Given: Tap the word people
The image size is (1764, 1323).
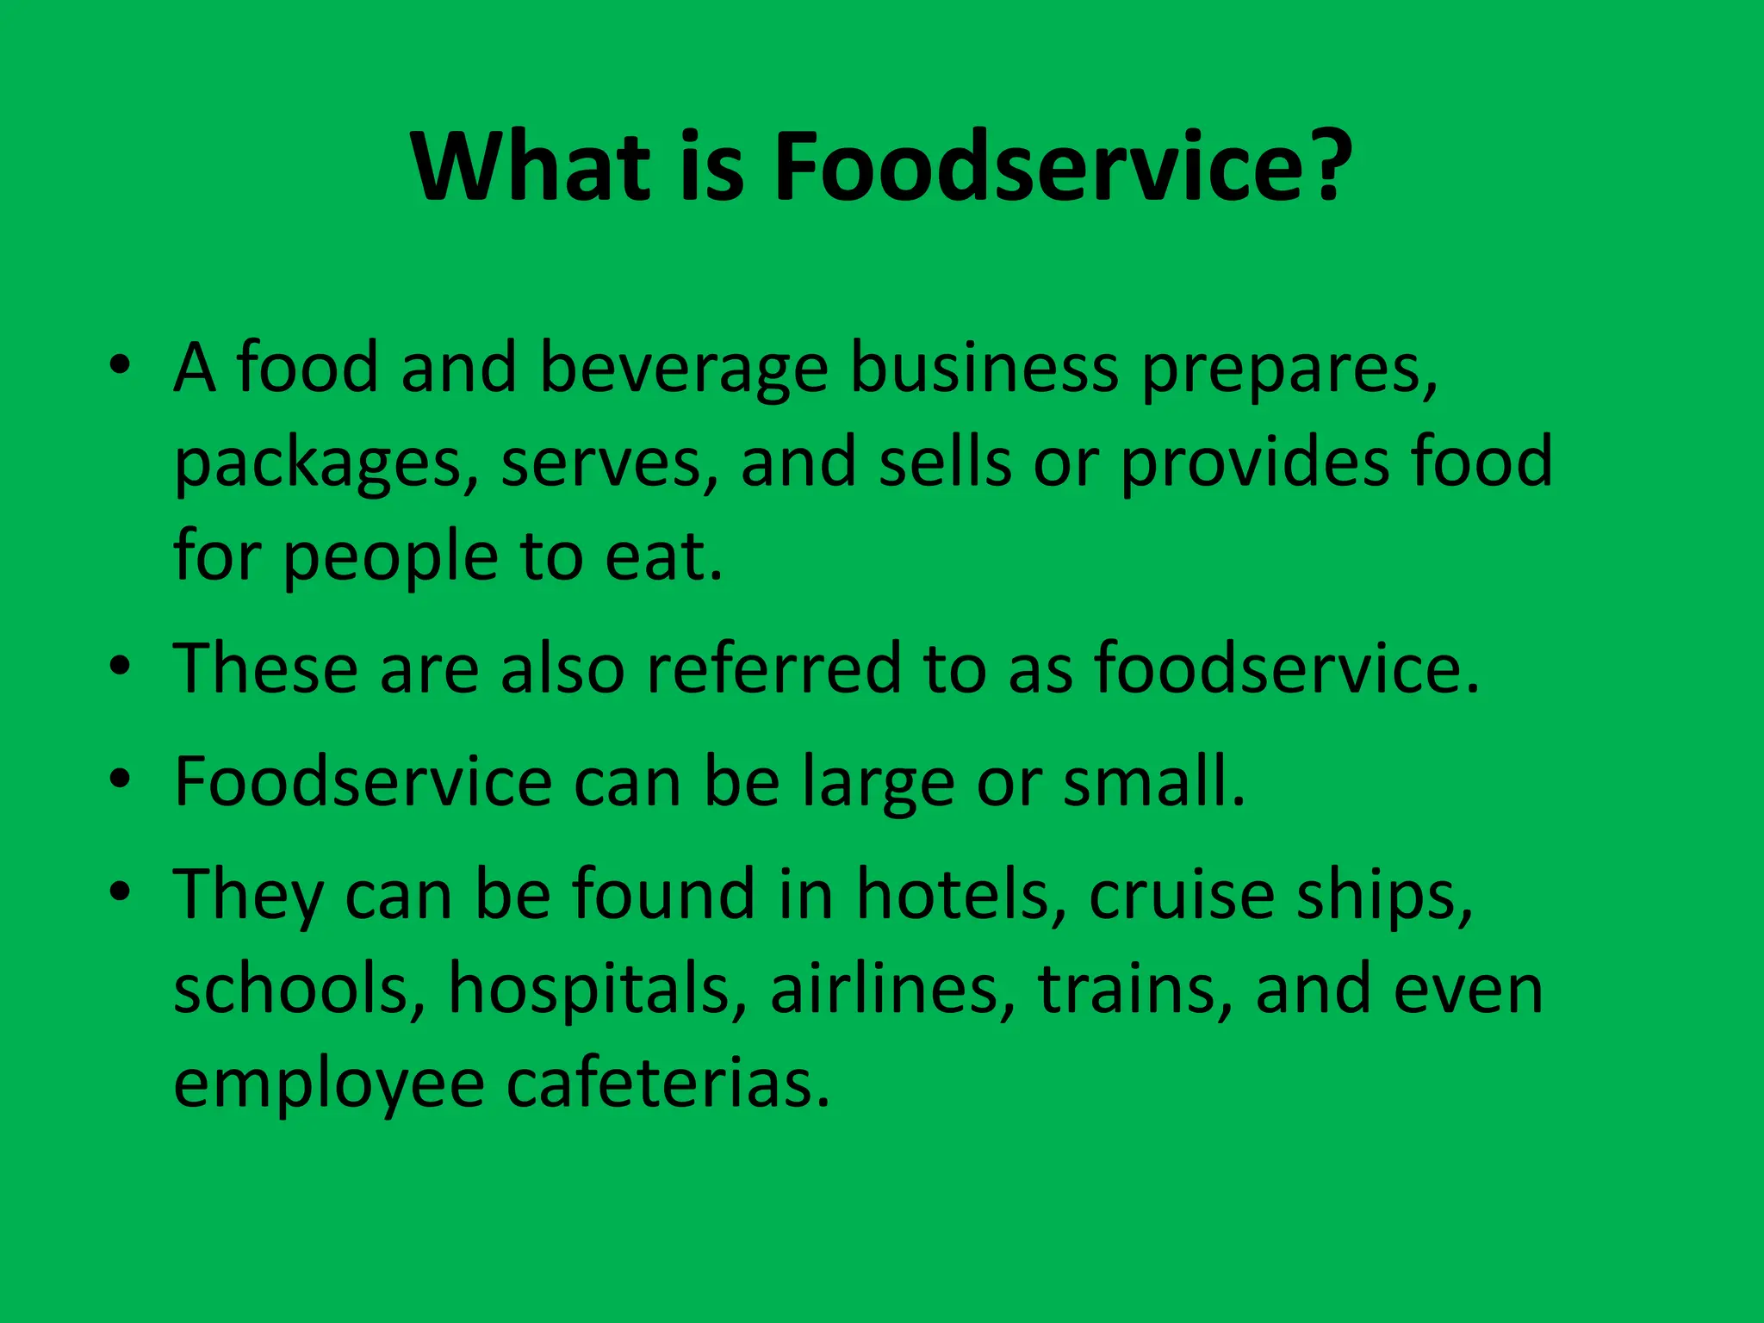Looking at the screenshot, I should pyautogui.click(x=390, y=558).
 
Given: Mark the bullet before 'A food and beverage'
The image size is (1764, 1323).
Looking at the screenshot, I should pyautogui.click(x=120, y=365).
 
